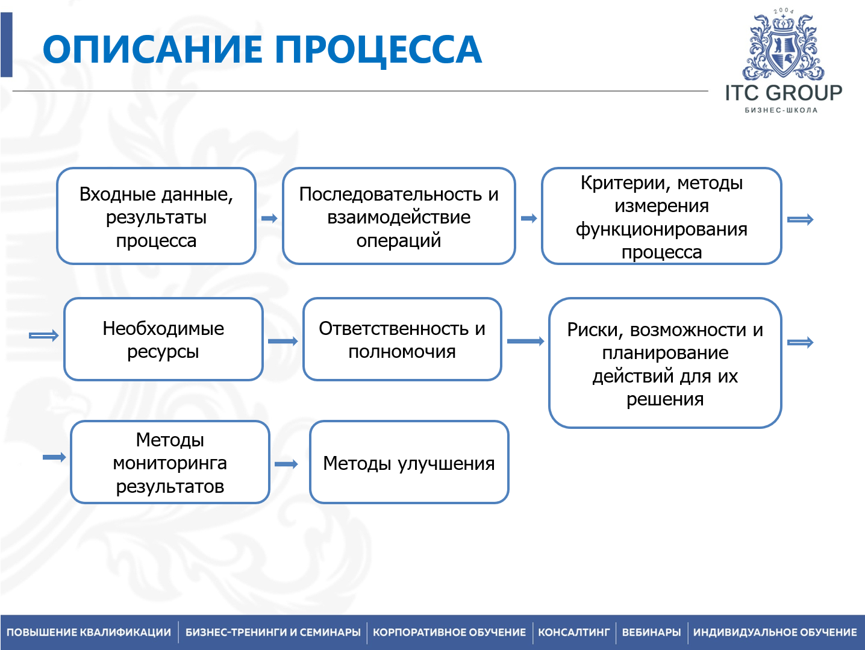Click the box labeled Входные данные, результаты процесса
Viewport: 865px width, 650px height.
[x=156, y=216]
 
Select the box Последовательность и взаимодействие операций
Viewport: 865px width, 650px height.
[x=399, y=216]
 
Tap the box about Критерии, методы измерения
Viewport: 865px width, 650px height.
[x=661, y=216]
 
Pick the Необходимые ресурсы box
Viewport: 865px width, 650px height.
[x=163, y=339]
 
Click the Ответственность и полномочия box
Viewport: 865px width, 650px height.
[x=402, y=339]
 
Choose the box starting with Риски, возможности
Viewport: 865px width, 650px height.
[x=665, y=363]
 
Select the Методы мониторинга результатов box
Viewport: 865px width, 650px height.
[x=170, y=462]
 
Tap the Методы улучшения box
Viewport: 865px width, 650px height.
[x=409, y=462]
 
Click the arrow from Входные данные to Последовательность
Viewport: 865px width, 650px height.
[x=269, y=218]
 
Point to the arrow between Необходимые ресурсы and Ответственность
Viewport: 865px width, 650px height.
[x=283, y=341]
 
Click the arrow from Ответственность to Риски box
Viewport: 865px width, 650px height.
[x=525, y=341]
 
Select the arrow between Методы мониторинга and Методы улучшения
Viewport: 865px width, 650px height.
[x=286, y=464]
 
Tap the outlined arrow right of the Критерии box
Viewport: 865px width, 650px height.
[x=801, y=220]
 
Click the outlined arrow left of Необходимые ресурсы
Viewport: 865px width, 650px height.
[x=44, y=336]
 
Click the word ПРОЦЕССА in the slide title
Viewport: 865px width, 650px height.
[x=378, y=49]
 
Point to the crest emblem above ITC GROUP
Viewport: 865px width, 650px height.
[x=783, y=47]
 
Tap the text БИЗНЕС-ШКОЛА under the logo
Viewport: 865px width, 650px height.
[x=781, y=110]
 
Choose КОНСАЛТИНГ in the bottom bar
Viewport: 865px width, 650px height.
[x=573, y=633]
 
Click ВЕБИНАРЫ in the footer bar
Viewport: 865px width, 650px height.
[x=651, y=633]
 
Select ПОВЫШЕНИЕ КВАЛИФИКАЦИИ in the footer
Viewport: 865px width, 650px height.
[x=89, y=633]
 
